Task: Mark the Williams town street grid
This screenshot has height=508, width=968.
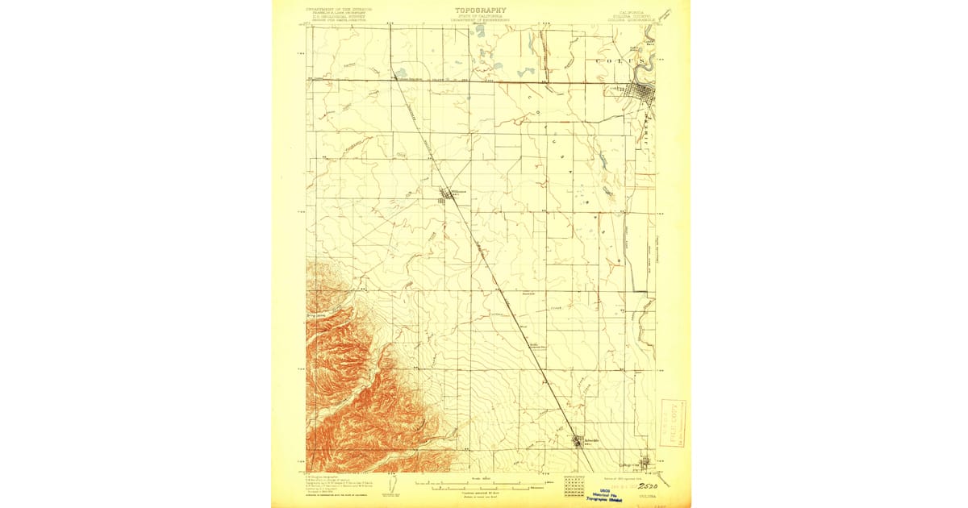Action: [x=446, y=194]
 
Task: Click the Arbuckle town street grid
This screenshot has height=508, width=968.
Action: [x=578, y=441]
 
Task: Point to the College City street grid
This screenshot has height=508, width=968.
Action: [x=645, y=462]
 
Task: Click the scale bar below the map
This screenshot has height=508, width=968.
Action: [x=482, y=487]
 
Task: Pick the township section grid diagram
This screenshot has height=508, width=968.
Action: [x=575, y=485]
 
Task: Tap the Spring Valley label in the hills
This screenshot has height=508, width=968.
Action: [x=317, y=316]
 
